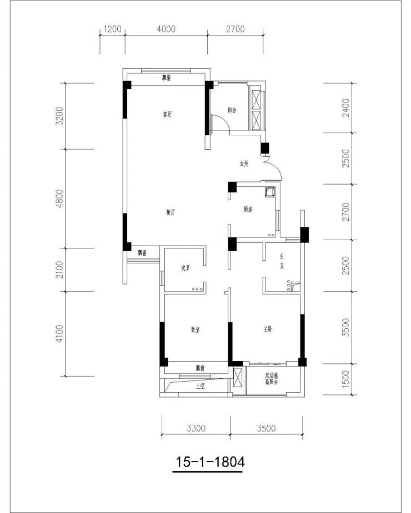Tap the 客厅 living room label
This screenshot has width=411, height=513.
pos(166,115)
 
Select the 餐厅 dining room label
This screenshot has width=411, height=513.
pos(171,212)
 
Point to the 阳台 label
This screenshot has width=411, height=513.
pos(232,110)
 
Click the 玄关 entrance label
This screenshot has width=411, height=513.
pos(244,164)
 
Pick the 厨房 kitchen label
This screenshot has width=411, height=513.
pos(248,210)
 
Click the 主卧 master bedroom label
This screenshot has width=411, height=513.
pos(268,329)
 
